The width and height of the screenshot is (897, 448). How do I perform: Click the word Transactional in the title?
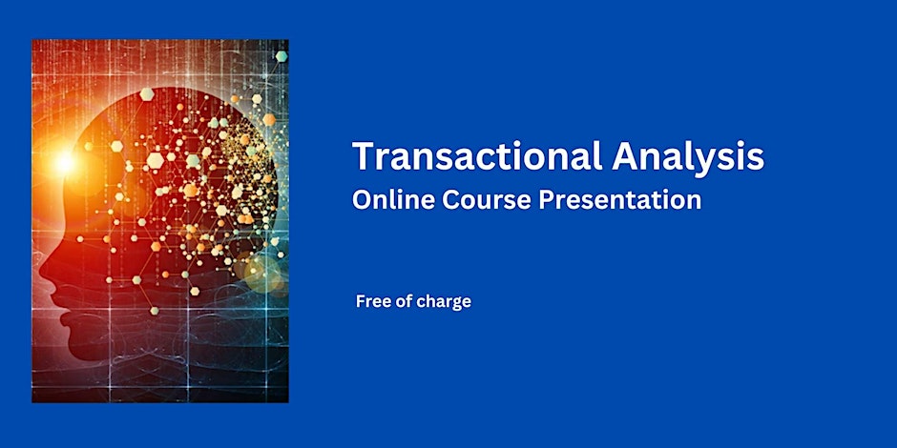477,156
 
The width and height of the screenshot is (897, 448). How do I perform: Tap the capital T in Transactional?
363,156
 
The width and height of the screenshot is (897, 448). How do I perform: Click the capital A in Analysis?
625,156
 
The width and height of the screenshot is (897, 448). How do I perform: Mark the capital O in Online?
362,200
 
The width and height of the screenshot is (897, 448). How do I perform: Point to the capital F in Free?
361,302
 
